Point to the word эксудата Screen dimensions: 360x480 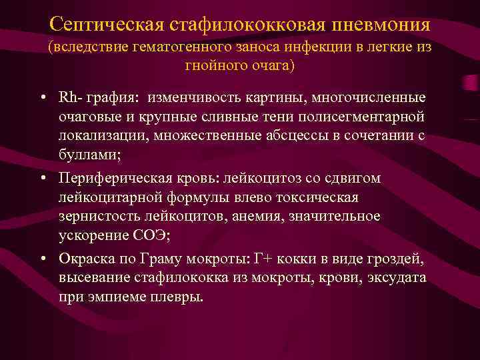point(393,277)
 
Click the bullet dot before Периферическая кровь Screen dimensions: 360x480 point(42,179)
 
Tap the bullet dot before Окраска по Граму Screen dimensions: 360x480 point(42,259)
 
